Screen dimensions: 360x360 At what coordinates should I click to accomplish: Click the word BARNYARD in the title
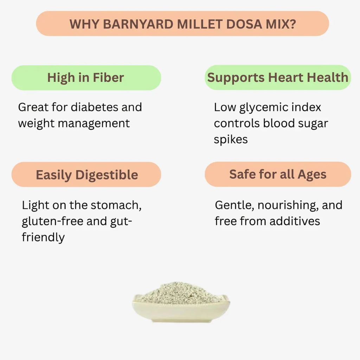(x=138, y=24)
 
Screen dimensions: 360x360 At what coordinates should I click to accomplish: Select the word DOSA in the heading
(x=244, y=24)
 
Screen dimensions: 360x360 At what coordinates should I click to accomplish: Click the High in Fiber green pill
(x=86, y=78)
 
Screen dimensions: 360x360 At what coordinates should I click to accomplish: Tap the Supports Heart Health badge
(x=278, y=77)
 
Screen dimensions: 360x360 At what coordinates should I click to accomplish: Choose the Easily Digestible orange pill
(x=86, y=174)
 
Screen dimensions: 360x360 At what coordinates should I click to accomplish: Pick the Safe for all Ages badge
(x=278, y=174)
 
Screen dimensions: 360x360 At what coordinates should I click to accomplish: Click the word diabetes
(x=95, y=107)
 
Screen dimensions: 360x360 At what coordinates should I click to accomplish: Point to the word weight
(x=36, y=123)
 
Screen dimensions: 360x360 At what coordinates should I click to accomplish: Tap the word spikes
(x=231, y=140)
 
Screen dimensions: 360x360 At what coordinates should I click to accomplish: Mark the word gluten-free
(x=53, y=221)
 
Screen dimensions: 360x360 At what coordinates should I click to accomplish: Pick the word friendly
(x=43, y=237)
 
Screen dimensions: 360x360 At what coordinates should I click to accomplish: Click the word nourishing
(x=288, y=205)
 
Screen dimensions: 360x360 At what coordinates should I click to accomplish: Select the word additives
(x=295, y=221)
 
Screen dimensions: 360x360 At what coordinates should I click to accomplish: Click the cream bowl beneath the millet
(x=181, y=311)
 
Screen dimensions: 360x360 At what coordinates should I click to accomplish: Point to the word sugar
(x=313, y=124)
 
